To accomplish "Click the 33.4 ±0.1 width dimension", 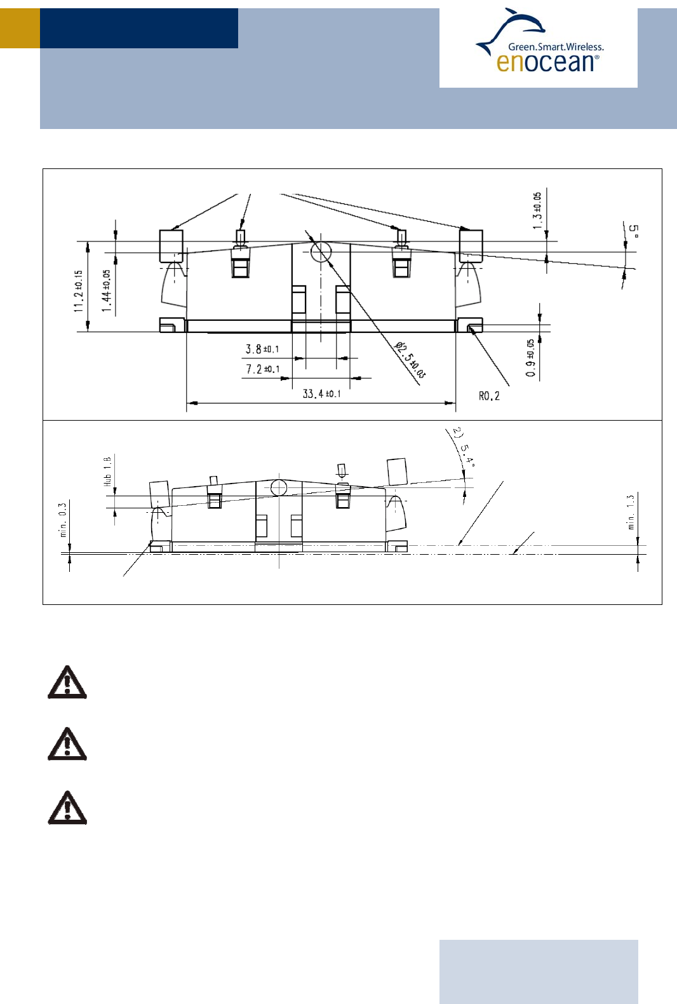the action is [321, 394].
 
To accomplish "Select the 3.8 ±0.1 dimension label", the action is [262, 349].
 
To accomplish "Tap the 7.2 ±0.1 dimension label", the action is [262, 369].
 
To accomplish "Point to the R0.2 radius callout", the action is [489, 396].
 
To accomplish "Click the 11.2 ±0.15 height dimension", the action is [78, 290].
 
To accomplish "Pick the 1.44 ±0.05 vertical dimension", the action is [107, 290].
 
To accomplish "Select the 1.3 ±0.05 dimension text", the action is [537, 210].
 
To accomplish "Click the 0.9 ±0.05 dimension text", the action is [530, 358].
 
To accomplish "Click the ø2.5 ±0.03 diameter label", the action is [410, 360].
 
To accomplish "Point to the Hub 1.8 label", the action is [107, 471].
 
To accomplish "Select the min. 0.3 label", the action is [63, 519].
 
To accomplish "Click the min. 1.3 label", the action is [631, 512].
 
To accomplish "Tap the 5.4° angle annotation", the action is [464, 449].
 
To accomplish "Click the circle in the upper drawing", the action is [321, 252].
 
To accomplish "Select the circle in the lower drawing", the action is [279, 487].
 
